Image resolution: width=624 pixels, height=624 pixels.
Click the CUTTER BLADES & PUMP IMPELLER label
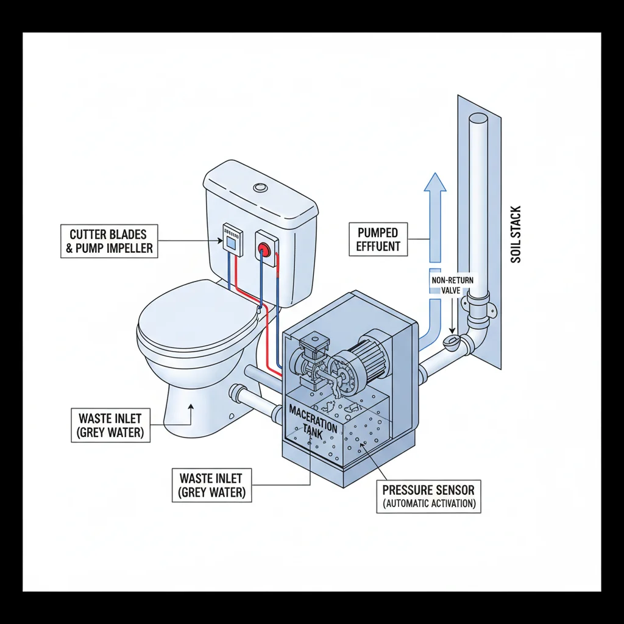(x=109, y=241)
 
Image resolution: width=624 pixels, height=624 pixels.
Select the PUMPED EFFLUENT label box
(x=378, y=239)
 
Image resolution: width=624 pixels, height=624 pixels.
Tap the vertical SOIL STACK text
(x=516, y=234)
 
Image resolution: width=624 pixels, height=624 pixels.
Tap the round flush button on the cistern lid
(x=261, y=188)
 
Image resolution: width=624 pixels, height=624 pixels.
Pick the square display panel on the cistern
(x=231, y=242)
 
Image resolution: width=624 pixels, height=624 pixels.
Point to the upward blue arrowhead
(x=435, y=183)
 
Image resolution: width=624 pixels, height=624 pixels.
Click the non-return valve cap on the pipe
(x=453, y=342)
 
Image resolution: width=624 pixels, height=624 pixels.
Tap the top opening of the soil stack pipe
(x=478, y=118)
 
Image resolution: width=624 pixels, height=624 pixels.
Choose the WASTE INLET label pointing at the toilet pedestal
(x=110, y=425)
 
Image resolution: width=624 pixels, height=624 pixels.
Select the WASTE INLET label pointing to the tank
(x=211, y=485)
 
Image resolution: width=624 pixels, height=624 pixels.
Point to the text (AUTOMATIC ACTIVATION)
(x=428, y=505)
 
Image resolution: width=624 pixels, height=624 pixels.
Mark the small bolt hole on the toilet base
(x=231, y=416)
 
